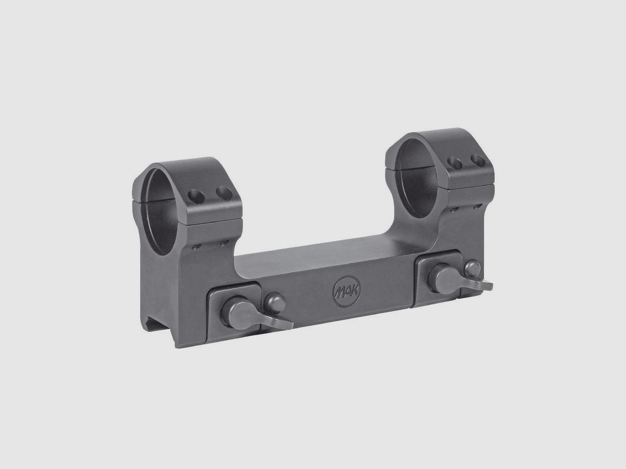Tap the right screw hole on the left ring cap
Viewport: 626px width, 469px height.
[x=224, y=193]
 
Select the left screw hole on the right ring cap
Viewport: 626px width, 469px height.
[x=454, y=163]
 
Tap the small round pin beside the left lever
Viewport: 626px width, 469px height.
[x=274, y=304]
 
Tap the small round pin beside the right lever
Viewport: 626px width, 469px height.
[x=472, y=268]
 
